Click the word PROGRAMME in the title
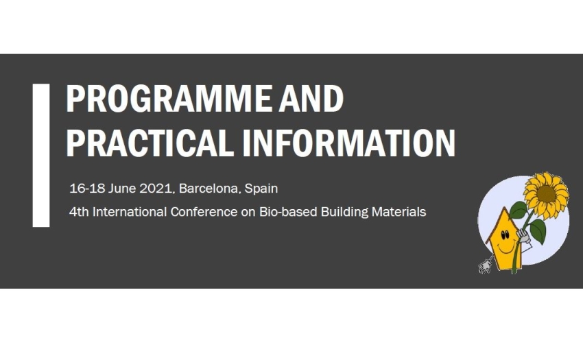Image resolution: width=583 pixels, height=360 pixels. [x=169, y=99]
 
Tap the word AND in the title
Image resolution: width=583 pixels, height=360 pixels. [x=311, y=99]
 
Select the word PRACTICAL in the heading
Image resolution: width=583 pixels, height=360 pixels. [x=150, y=143]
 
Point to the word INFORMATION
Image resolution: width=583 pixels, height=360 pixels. [x=348, y=143]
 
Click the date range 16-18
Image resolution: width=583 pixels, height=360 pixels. [x=87, y=188]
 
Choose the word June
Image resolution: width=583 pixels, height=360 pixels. [x=122, y=188]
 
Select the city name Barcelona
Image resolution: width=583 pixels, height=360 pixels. [x=209, y=189]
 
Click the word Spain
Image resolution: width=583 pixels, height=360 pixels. [x=261, y=189]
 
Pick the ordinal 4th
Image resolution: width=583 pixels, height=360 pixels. [x=79, y=212]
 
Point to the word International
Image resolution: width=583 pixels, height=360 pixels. [x=130, y=212]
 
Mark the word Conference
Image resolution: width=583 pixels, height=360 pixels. [x=204, y=212]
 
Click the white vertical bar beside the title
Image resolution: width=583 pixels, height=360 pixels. [x=41, y=155]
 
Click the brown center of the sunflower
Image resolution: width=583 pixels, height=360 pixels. [x=546, y=194]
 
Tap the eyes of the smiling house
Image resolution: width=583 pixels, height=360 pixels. [x=505, y=235]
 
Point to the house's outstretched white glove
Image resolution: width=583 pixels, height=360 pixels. [x=485, y=266]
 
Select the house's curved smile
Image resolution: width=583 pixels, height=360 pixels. [x=506, y=248]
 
